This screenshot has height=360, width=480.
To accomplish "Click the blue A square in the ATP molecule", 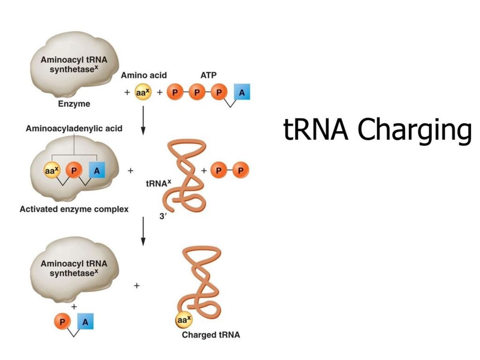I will click(x=241, y=93).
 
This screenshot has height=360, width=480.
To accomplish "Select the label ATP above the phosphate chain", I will click(x=208, y=75).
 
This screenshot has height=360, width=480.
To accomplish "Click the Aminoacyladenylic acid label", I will click(x=74, y=129).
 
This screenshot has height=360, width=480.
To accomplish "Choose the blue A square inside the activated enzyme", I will click(x=96, y=171).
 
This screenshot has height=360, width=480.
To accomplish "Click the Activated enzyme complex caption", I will click(x=74, y=209).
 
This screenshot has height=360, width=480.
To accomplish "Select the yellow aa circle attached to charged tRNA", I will click(x=184, y=320).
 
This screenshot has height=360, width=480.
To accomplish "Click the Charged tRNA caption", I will click(x=211, y=335).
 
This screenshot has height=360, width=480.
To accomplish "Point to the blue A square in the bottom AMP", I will click(x=84, y=322).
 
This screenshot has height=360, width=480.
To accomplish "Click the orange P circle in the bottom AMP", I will click(x=62, y=322).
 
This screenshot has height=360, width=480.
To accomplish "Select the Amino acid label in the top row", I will click(x=144, y=75).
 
